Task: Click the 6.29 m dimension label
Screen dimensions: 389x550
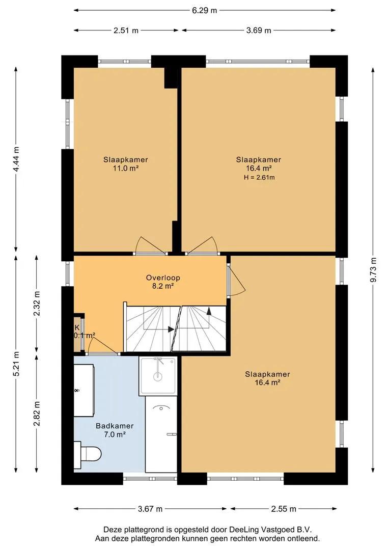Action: coord(205,11)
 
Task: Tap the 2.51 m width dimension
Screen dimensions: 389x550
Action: coord(126,31)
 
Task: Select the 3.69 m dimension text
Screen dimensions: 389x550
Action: coord(259,31)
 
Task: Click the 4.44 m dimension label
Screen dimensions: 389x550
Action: coord(16,159)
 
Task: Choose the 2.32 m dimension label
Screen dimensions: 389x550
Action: coord(37,304)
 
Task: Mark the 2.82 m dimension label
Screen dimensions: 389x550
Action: coord(37,414)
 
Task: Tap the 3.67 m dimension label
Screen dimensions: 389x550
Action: coord(150,509)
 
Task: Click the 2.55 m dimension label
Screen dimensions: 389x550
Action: coord(284,509)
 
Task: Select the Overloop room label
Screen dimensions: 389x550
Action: coord(163,278)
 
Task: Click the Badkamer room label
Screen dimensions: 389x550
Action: coord(115,426)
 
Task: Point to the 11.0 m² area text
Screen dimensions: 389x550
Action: coord(126,169)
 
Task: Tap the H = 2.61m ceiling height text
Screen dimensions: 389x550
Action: coord(259,178)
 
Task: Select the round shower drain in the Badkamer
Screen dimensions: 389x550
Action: coord(158,377)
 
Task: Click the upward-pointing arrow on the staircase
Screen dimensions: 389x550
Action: coord(209,310)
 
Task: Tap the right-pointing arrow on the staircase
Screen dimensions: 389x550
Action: coord(171,329)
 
